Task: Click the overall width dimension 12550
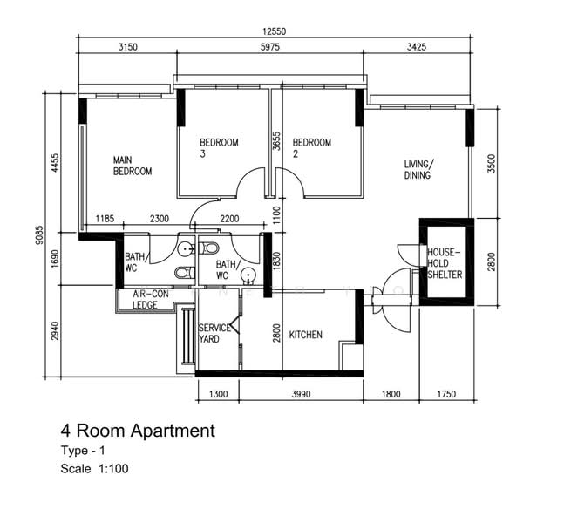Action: point(274,31)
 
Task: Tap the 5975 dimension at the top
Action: point(269,47)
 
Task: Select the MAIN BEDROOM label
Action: point(133,166)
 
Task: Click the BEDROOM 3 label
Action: point(219,148)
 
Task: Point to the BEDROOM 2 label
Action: point(312,148)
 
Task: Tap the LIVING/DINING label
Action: point(419,169)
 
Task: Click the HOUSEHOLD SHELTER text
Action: point(445,263)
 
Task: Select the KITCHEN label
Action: point(306,335)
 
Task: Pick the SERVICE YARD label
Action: point(214,334)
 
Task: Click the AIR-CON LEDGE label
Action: point(150,300)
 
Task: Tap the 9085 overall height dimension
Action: point(39,234)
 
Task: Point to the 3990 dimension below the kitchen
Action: point(301,394)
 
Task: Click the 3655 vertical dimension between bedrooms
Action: point(276,141)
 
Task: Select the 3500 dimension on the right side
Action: point(492,163)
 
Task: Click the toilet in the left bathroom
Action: point(185,272)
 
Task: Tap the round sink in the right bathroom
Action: point(248,275)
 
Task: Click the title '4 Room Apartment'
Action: point(138,431)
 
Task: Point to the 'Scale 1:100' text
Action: point(95,469)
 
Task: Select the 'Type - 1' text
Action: point(83,451)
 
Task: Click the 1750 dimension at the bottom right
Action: point(446,394)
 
